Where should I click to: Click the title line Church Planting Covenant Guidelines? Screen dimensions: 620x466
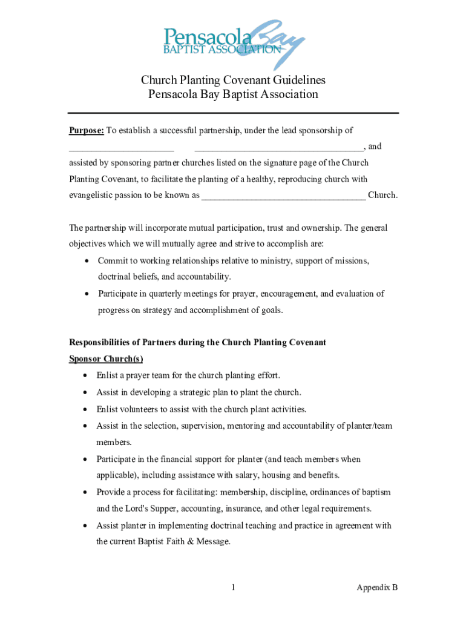(x=233, y=81)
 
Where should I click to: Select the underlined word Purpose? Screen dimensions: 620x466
(x=86, y=130)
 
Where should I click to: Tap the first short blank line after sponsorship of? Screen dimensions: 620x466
(x=121, y=148)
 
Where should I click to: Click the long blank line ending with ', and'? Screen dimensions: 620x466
(x=278, y=148)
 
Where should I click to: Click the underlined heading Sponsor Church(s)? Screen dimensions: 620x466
(x=106, y=358)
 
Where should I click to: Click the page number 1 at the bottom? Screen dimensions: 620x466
(x=233, y=587)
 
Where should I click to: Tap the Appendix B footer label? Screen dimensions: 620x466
(x=376, y=587)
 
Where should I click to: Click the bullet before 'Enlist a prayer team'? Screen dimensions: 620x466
(x=84, y=376)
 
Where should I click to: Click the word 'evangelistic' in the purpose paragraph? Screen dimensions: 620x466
(x=91, y=196)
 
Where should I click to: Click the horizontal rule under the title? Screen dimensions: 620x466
(x=233, y=113)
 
